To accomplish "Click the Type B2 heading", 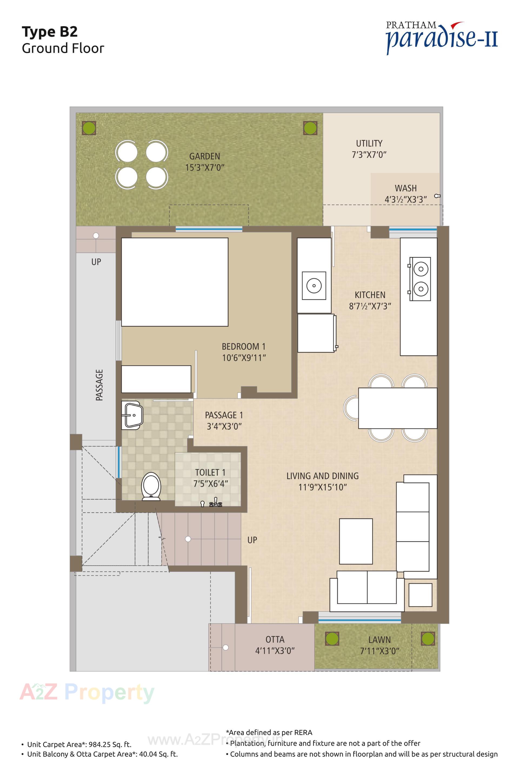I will [50, 32].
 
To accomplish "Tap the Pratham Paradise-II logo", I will [442, 37].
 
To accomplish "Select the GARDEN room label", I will [205, 156].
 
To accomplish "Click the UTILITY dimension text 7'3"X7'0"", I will [369, 155].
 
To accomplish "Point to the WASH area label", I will [405, 188].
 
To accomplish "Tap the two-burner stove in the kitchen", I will [420, 279].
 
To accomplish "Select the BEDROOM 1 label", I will [243, 346].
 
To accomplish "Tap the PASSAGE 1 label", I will [224, 415].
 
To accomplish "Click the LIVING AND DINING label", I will [322, 476].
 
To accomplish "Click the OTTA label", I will [275, 639].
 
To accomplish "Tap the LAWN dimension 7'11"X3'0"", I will [380, 651].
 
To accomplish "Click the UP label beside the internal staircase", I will [252, 540].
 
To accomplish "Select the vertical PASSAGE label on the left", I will [99, 385].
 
